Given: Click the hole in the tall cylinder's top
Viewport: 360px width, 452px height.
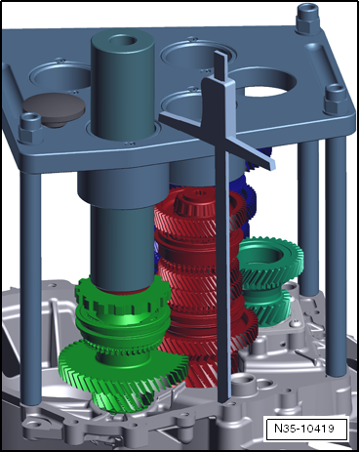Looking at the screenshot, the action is (x=123, y=40).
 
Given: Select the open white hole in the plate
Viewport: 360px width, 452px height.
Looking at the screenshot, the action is (x=266, y=87).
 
